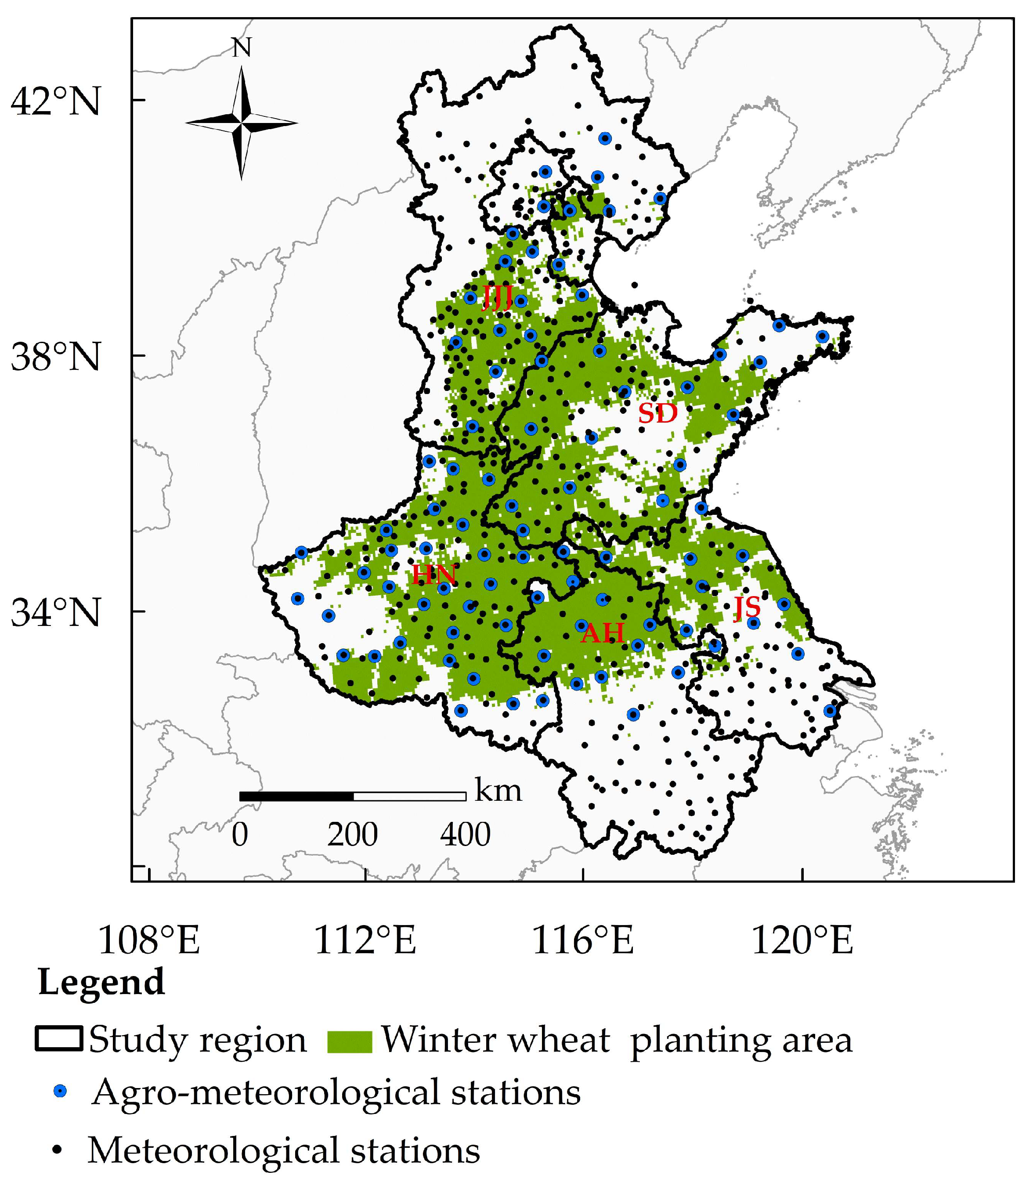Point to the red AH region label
pos(603,633)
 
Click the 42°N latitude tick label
pos(55,101)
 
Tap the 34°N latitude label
pos(55,612)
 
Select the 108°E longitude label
pos(149,940)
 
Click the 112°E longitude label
pos(365,940)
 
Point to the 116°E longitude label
pos(583,940)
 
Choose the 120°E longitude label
pos(802,940)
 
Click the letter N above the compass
pos(242,48)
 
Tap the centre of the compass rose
pos(242,122)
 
